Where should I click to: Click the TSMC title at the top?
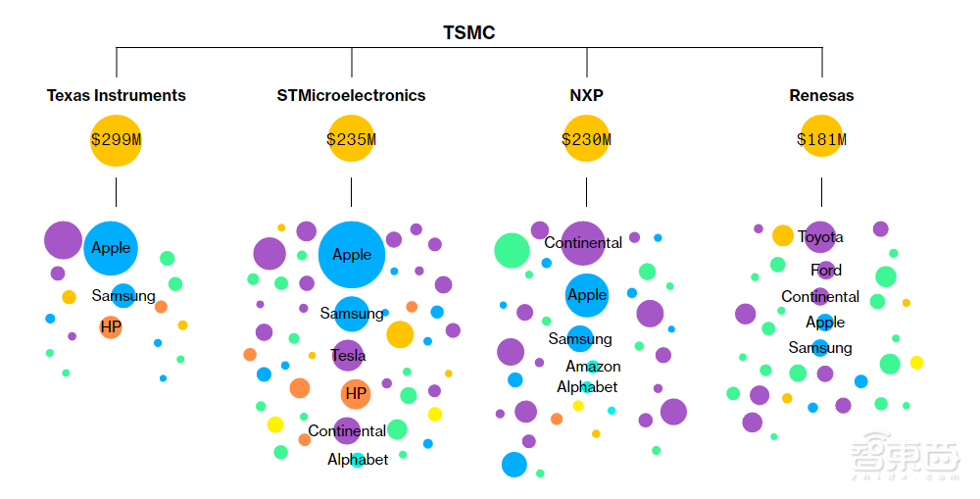point(468,33)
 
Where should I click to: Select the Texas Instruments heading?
point(116,95)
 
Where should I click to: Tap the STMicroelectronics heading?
point(351,95)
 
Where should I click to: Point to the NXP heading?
point(586,95)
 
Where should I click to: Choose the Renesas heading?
point(821,95)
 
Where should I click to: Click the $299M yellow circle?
point(116,139)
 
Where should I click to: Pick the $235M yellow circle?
point(351,139)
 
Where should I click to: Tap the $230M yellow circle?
point(586,139)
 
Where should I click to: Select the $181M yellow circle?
point(821,139)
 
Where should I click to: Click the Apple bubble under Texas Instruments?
point(111,248)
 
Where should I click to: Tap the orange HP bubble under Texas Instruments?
point(111,326)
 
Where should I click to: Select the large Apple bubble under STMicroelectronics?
point(352,255)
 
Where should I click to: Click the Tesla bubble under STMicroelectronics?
point(348,356)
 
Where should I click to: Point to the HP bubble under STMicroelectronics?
point(356,393)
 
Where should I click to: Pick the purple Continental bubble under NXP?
point(583,243)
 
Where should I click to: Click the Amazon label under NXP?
point(593,366)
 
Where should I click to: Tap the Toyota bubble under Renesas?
point(820,237)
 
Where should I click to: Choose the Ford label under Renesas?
point(826,270)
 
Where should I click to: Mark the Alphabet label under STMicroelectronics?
point(358,459)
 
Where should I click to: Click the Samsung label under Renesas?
point(820,347)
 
